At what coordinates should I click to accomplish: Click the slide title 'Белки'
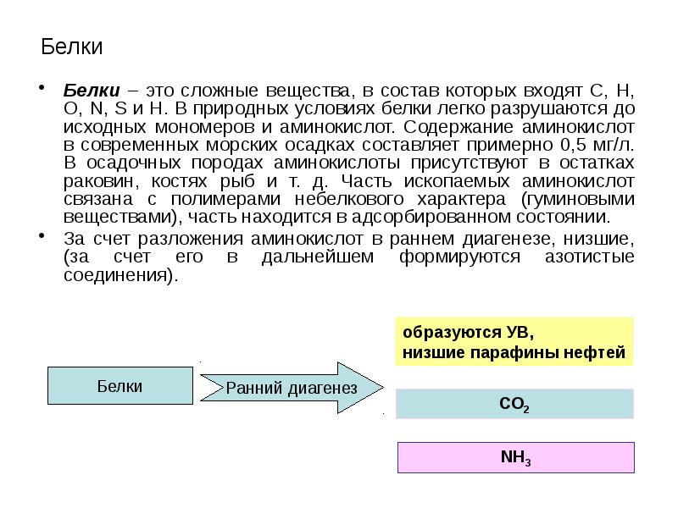pyautogui.click(x=72, y=47)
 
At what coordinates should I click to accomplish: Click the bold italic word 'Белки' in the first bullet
pyautogui.click(x=89, y=89)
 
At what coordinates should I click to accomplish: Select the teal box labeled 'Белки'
pyautogui.click(x=119, y=387)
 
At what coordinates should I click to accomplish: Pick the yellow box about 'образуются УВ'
pyautogui.click(x=514, y=341)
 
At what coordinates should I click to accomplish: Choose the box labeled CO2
pyautogui.click(x=514, y=404)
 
